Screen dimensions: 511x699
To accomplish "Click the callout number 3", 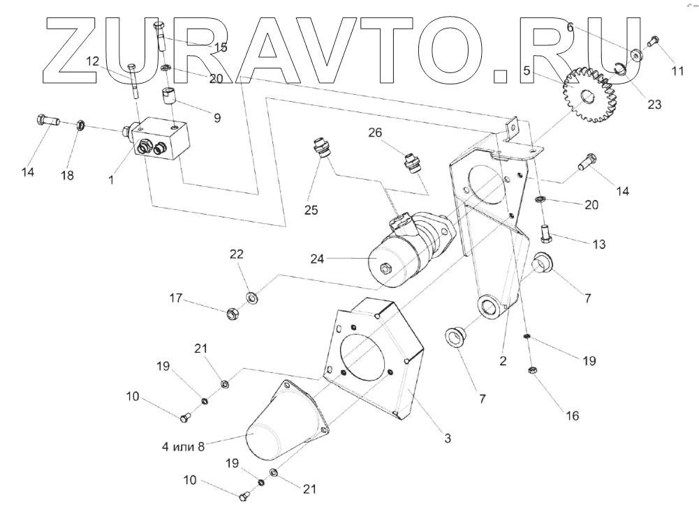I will (448, 438).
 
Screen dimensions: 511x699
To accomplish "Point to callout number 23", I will (654, 105).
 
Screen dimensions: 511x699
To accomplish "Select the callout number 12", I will (94, 61).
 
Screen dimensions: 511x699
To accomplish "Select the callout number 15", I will (221, 47).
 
